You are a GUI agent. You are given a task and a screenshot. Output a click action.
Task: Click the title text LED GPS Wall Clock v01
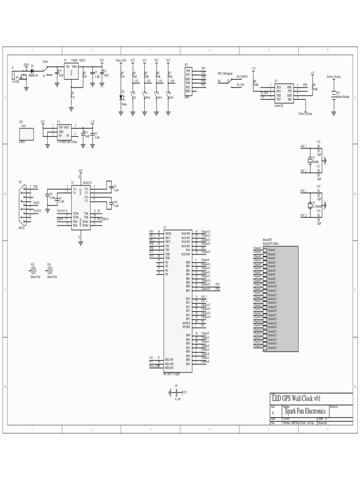pyautogui.click(x=296, y=398)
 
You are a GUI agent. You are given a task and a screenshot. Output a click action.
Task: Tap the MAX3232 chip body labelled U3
pyautogui.click(x=81, y=206)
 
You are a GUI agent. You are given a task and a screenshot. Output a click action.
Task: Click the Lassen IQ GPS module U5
pyautogui.click(x=284, y=93)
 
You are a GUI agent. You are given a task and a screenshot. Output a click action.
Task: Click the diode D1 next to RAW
pyautogui.click(x=32, y=70)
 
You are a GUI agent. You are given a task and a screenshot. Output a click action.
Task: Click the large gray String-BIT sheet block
pyautogui.click(x=281, y=299)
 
